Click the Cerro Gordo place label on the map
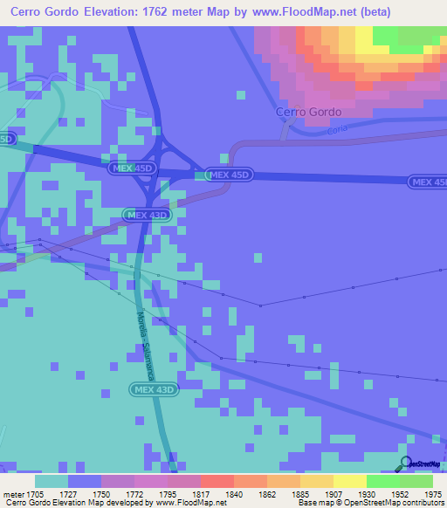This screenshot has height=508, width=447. [x=308, y=112]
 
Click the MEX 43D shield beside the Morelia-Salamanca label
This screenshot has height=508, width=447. [x=155, y=389]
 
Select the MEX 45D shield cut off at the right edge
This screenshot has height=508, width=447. [x=428, y=182]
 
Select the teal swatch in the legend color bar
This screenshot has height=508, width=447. [x=52, y=481]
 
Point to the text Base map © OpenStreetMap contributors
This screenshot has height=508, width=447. [x=369, y=504]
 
